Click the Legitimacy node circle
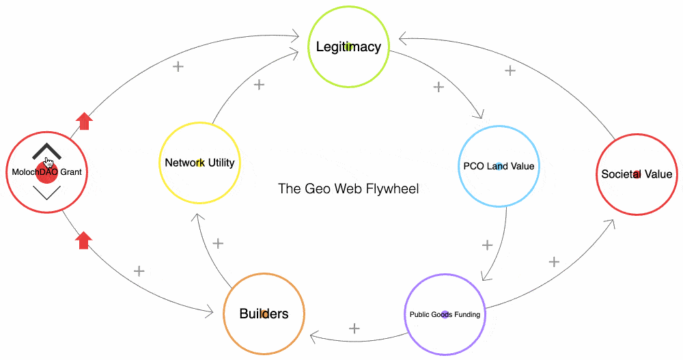click(348, 47)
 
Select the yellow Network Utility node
click(199, 163)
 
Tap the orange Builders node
click(264, 314)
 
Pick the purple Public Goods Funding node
click(445, 314)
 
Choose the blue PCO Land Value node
click(499, 166)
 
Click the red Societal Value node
click(637, 174)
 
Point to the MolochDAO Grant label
click(46, 172)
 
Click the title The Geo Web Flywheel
click(348, 189)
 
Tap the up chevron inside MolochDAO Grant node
click(46, 151)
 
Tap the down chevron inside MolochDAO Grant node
click(46, 193)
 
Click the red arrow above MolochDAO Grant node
click(84, 122)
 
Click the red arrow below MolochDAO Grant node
click(83, 240)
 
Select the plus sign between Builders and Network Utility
click(219, 243)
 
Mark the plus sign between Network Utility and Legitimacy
click(259, 85)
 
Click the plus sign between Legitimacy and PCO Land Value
click(439, 87)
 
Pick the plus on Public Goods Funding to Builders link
click(354, 329)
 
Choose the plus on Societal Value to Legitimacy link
click(510, 70)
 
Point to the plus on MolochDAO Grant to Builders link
click(139, 271)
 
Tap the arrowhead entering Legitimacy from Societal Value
click(403, 38)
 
